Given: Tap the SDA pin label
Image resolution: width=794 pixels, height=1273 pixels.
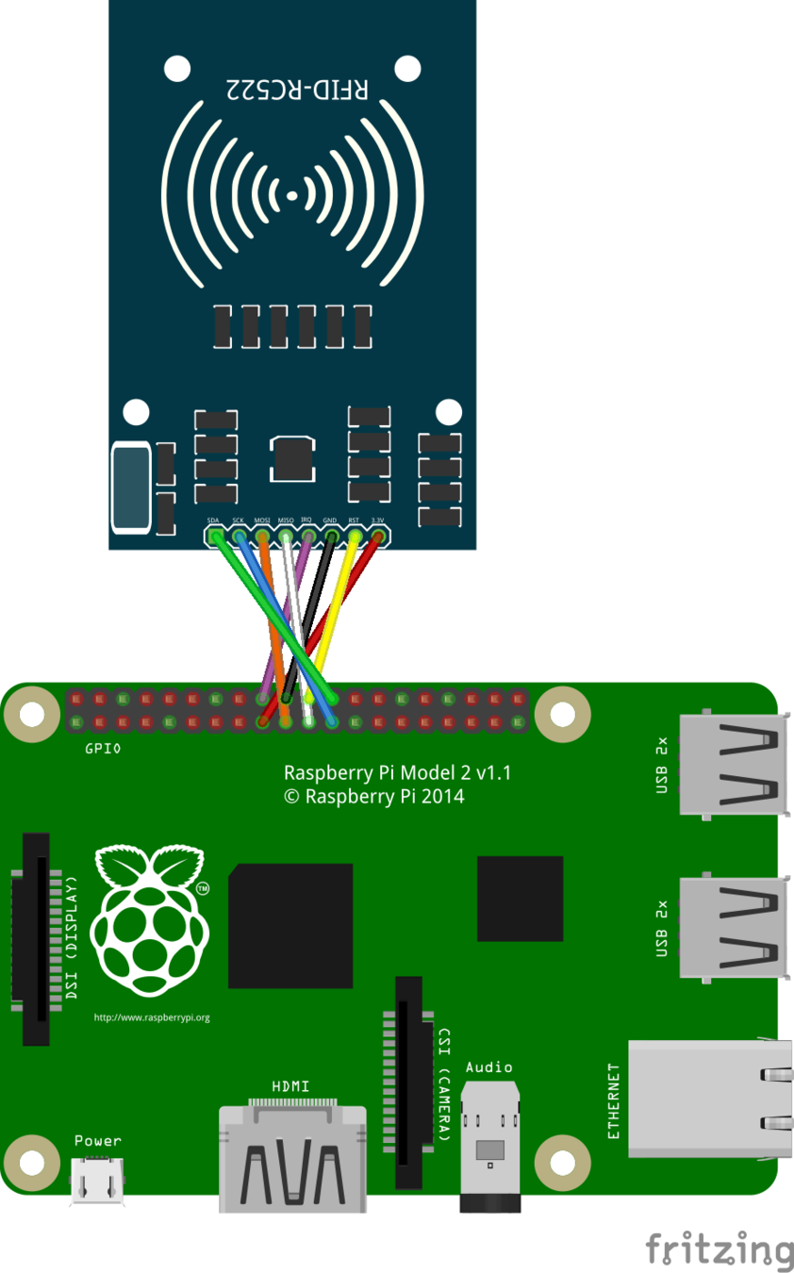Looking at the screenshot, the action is point(214,521).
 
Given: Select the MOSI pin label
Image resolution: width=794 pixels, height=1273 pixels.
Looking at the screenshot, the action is point(262,521).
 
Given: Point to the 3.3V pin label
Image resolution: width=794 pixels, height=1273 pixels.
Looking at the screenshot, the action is point(377,521).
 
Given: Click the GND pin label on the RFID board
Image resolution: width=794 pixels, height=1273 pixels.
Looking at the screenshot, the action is point(330,521).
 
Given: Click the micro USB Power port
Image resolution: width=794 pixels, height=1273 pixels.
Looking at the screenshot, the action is point(97,1180).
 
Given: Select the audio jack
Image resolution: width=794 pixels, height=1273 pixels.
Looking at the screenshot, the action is point(489,1146).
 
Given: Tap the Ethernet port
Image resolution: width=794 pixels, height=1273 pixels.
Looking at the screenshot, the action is point(708,1099).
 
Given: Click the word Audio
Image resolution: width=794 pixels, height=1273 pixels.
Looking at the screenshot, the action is point(488,1067).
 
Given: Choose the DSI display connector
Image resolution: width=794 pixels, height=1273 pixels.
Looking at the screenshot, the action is point(36,938).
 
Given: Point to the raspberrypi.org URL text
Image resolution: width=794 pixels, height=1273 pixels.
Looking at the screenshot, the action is point(152,1017).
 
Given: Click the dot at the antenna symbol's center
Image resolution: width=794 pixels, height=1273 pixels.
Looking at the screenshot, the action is point(292,196).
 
